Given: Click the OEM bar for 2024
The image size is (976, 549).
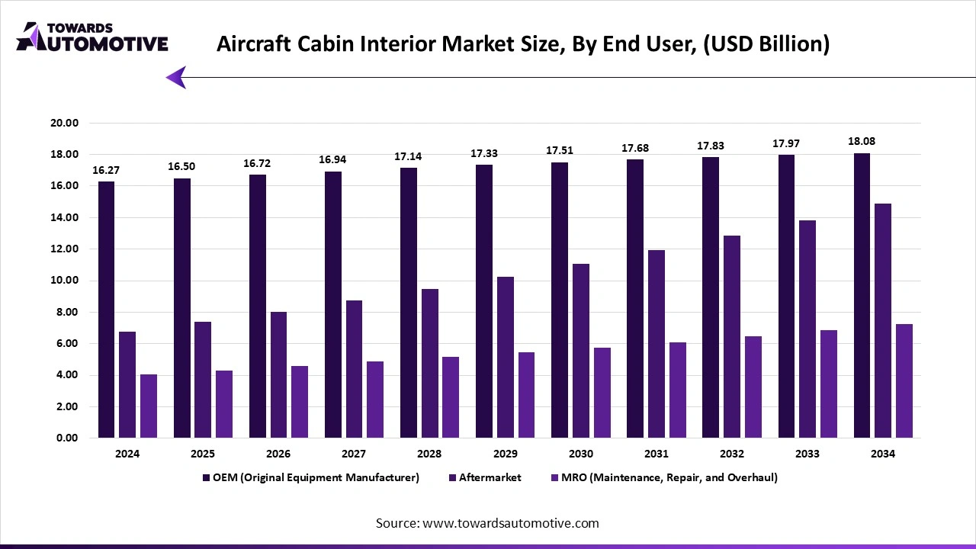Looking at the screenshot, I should click(106, 310).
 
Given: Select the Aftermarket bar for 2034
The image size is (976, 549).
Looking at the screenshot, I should click(883, 320).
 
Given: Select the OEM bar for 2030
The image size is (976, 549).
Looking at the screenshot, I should click(559, 300).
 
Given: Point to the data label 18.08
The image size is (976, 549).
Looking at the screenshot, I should click(862, 141).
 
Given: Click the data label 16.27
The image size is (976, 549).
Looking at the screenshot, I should click(106, 170).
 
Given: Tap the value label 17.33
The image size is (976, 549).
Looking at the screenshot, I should click(483, 153).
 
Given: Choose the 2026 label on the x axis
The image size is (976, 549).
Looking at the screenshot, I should click(278, 454).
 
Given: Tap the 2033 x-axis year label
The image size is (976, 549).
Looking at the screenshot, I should click(807, 454).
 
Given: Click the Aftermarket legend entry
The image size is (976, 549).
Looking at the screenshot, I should click(490, 477).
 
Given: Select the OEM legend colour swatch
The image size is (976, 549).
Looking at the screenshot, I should click(206, 477).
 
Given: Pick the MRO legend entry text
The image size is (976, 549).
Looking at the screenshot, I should click(670, 477).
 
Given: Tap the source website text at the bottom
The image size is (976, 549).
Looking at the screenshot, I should click(487, 523).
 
